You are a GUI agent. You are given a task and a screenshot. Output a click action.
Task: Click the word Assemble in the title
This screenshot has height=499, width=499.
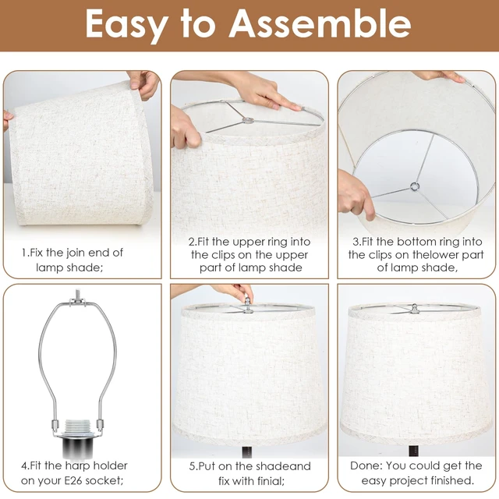[x=320, y=24]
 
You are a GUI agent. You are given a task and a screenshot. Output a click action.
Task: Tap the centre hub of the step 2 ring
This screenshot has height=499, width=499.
[x=248, y=120]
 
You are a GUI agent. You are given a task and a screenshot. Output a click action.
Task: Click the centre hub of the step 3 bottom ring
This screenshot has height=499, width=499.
[x=414, y=186]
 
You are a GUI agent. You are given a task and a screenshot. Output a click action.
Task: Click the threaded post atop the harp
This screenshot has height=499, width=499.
[x=76, y=295]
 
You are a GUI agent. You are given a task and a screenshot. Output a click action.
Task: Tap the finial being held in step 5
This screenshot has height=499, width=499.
[x=247, y=301]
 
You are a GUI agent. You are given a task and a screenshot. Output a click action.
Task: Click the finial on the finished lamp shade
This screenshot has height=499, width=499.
[x=414, y=308]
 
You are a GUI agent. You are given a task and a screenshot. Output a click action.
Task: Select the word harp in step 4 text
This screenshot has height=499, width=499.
[x=78, y=466]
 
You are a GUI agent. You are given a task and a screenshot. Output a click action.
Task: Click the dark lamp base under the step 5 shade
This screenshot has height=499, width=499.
[x=247, y=452]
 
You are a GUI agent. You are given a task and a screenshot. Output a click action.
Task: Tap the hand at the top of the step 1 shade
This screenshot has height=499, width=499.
[x=143, y=83]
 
